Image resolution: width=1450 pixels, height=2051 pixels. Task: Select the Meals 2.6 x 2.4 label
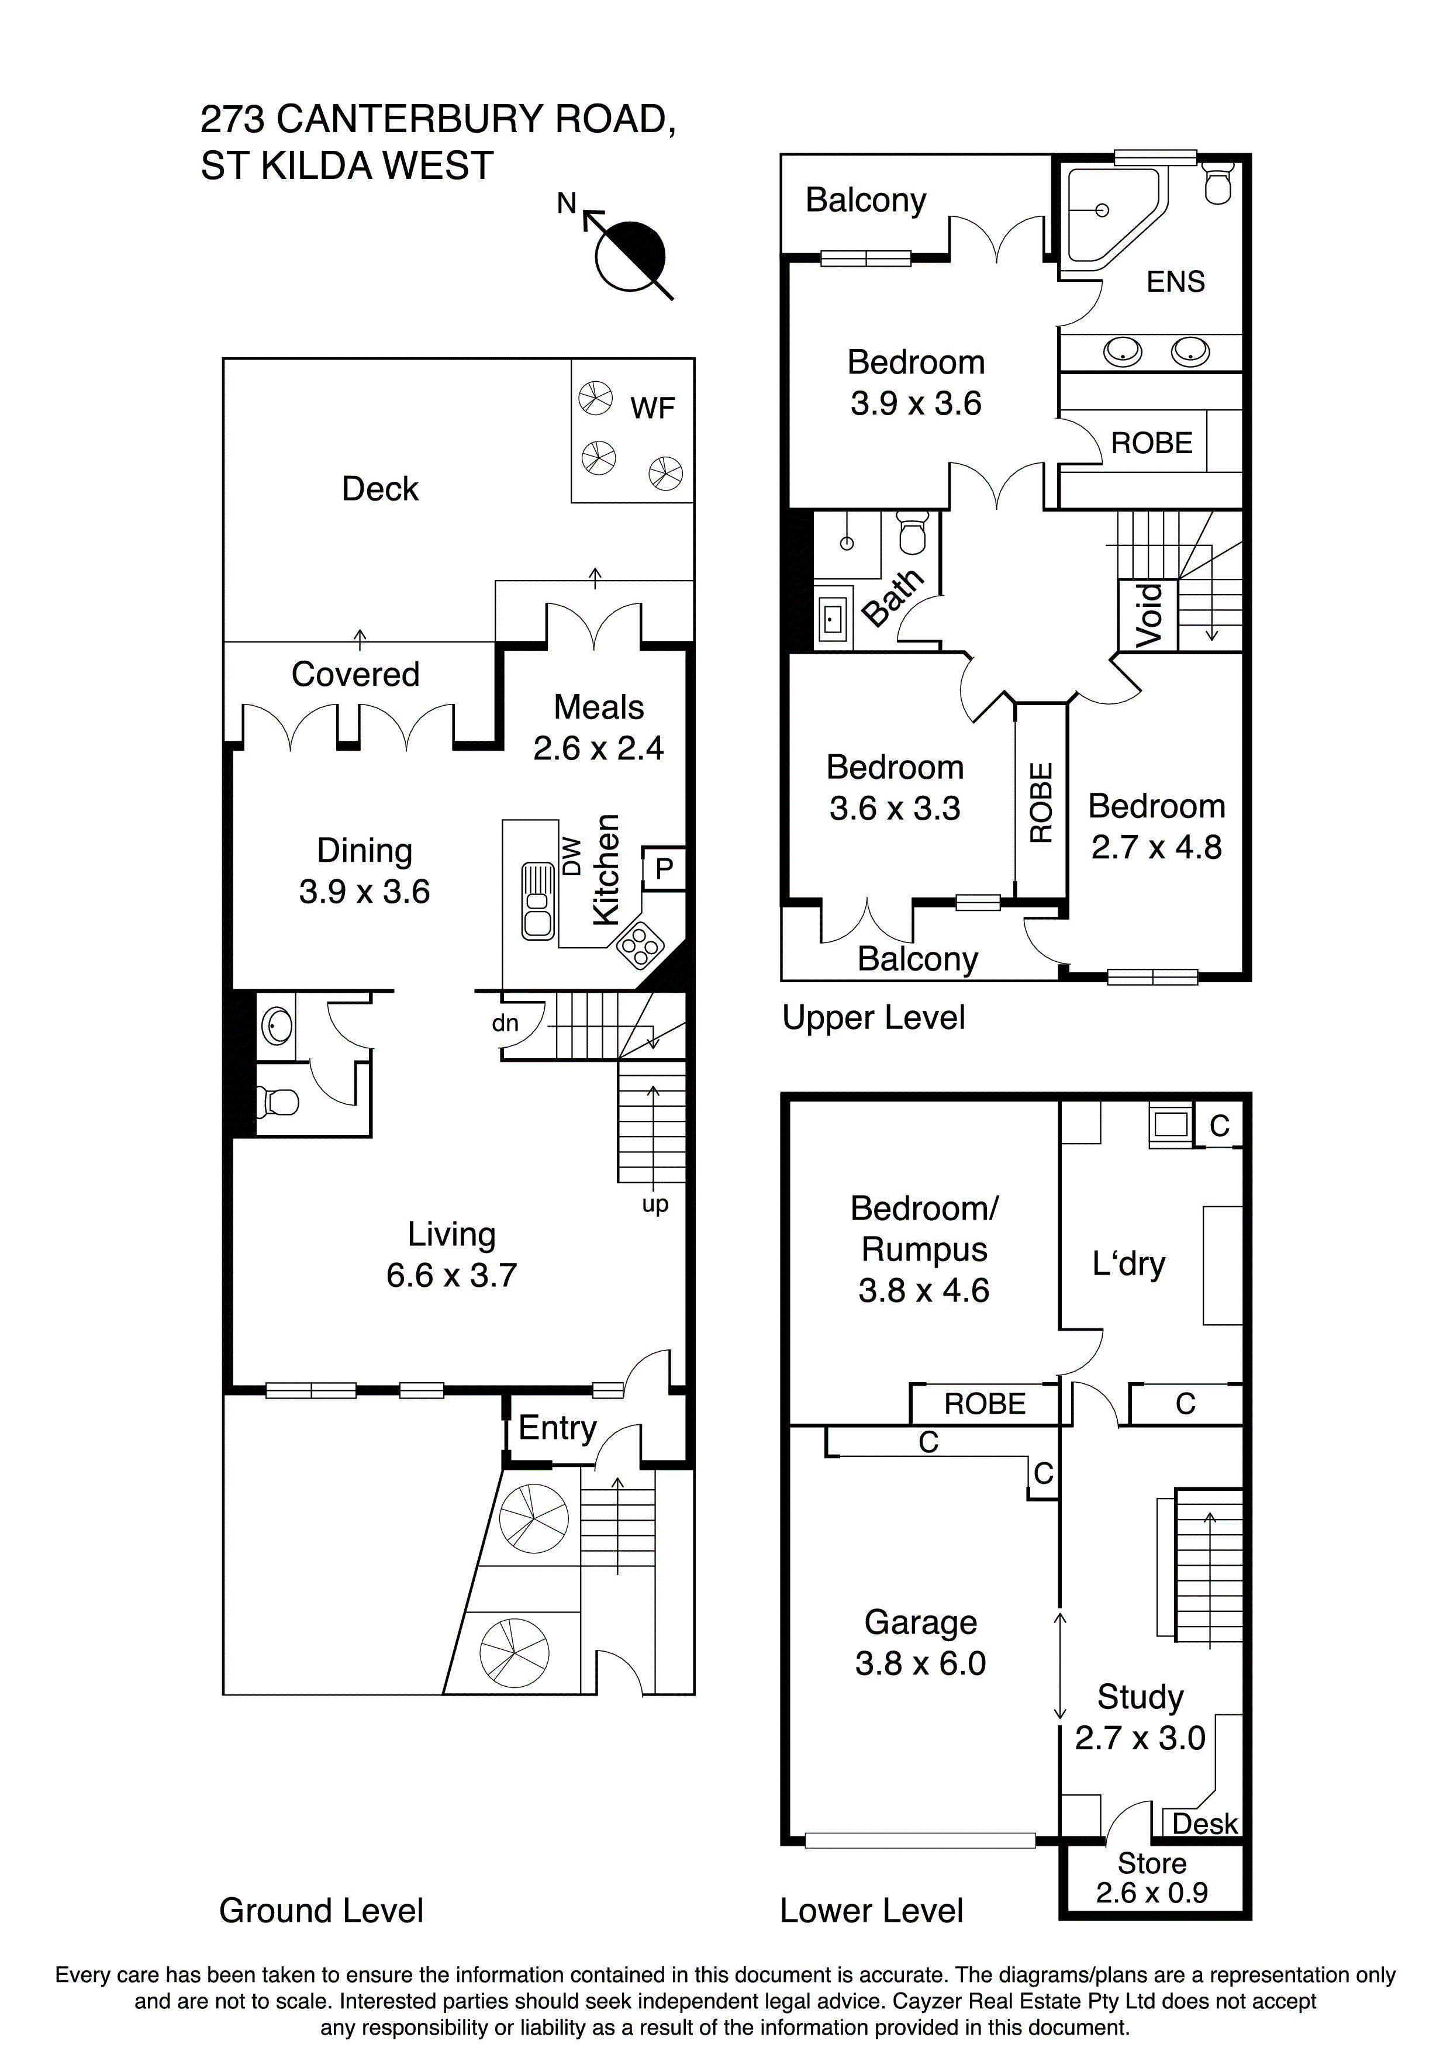click(599, 727)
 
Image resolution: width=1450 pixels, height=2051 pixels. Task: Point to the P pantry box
click(664, 868)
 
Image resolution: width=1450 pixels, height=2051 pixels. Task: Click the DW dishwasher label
click(572, 856)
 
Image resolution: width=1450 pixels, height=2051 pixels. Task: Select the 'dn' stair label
click(505, 1024)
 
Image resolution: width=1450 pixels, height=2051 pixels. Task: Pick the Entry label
click(557, 1428)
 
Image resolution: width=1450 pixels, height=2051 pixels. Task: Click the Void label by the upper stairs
click(1149, 616)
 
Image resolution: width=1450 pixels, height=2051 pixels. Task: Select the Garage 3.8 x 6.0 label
click(920, 1643)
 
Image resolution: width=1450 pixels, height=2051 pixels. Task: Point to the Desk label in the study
click(1204, 1824)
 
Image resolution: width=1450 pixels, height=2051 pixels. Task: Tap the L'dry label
click(1128, 1264)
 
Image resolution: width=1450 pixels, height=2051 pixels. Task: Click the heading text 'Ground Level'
click(321, 1911)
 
